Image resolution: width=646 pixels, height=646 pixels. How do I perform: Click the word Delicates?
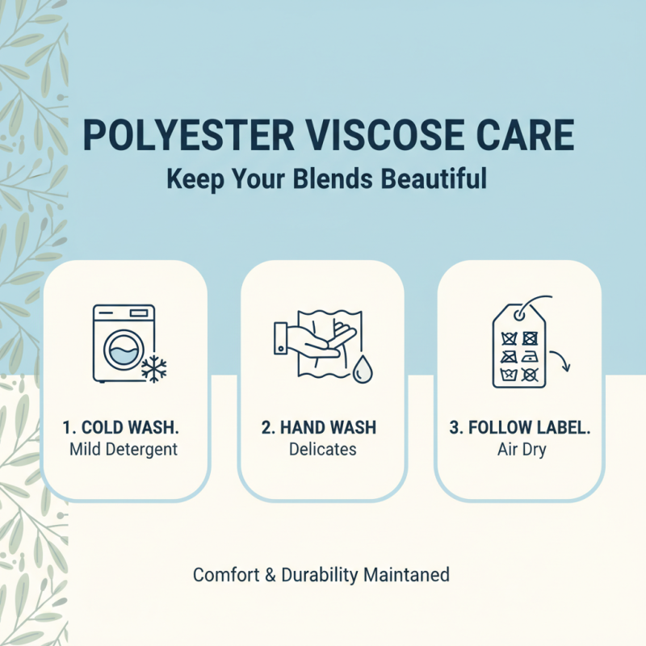(x=321, y=449)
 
